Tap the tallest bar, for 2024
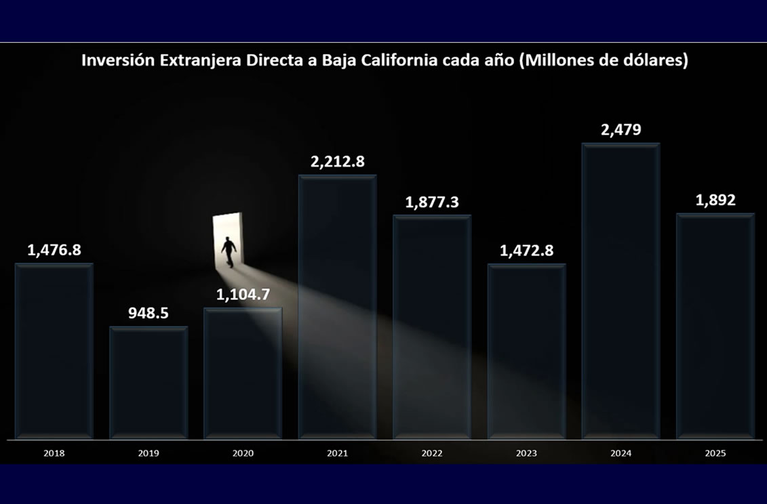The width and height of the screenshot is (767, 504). click(621, 291)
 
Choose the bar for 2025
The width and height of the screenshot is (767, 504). click(715, 327)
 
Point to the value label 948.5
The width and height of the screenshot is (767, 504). click(149, 313)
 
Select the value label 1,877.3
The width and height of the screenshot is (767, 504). click(432, 202)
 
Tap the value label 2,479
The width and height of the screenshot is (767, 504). click(621, 129)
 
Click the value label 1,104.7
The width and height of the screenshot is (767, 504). click(243, 295)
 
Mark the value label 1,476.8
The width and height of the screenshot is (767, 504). click(54, 250)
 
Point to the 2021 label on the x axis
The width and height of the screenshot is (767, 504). click(337, 453)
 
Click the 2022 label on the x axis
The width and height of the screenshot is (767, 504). click(432, 453)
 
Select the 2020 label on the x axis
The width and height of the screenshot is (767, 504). click(243, 453)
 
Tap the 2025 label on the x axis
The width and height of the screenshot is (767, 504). click(715, 453)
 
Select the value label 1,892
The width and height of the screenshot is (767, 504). click(715, 201)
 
